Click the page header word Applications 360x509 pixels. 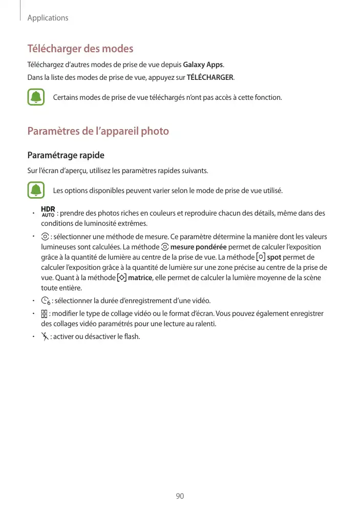(48, 18)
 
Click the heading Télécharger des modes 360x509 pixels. (80, 49)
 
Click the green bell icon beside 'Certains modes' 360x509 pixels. (36, 97)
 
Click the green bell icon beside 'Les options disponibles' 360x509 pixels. (36, 191)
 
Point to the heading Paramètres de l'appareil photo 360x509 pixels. (98, 131)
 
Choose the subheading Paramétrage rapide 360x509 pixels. (66, 155)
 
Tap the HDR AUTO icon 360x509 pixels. (48, 211)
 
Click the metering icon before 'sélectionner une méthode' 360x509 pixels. (45, 237)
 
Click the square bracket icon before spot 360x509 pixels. (261, 257)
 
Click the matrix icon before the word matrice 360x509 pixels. (122, 278)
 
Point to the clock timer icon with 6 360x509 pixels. (46, 301)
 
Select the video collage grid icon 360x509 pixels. (45, 313)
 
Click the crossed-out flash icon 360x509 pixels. (45, 336)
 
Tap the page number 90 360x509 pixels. (180, 496)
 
